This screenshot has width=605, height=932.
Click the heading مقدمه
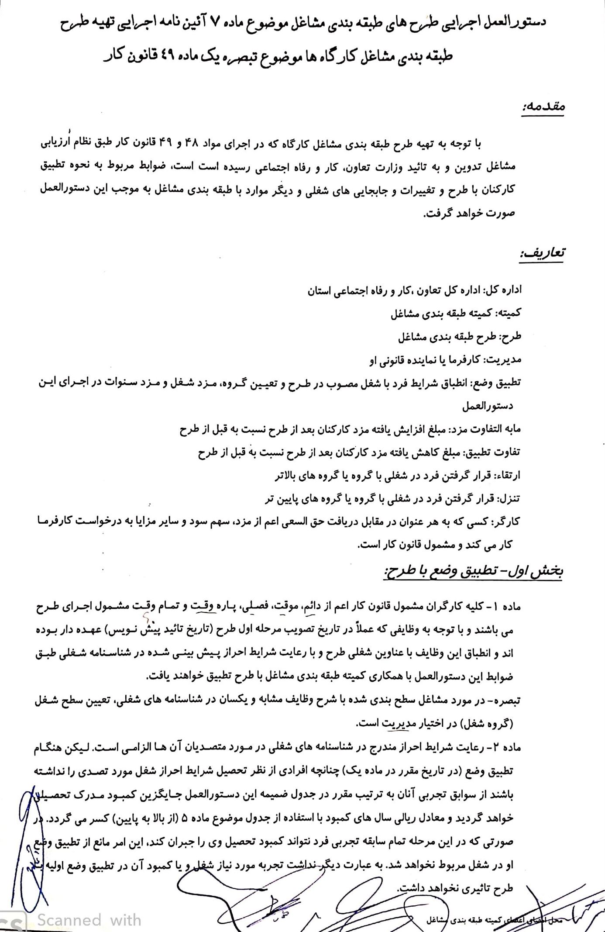point(543,107)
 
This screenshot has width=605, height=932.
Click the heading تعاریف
point(542,253)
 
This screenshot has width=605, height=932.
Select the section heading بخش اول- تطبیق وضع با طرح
point(473,572)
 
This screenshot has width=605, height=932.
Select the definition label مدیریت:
point(502,360)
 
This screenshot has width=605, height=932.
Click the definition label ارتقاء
point(508,476)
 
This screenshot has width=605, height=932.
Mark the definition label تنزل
point(510,498)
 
